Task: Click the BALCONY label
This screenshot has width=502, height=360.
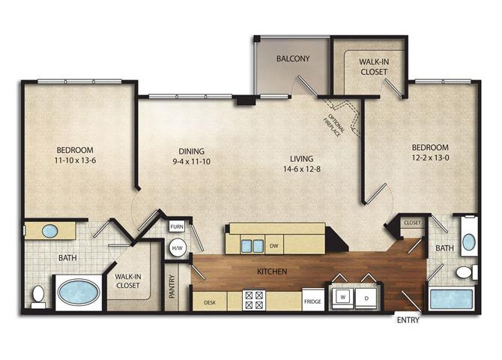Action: [x=293, y=58]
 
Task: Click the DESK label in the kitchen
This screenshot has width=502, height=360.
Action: [x=211, y=303]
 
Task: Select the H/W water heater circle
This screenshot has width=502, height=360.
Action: [x=178, y=247]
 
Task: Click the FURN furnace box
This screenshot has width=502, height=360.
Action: [x=177, y=226]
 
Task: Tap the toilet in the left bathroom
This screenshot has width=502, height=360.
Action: [x=37, y=296]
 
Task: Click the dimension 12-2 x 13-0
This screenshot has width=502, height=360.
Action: [x=429, y=159]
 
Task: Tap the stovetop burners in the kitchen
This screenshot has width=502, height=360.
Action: [x=253, y=301]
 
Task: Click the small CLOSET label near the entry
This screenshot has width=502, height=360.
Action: [x=413, y=223]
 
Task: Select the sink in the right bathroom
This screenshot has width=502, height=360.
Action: [x=468, y=241]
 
